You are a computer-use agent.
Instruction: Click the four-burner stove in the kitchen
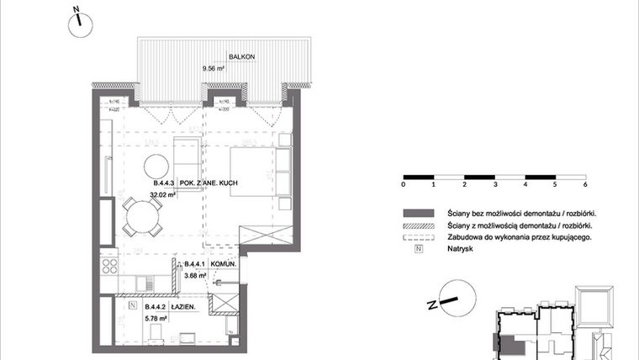[x=110, y=267]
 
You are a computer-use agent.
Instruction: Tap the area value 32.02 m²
[x=161, y=194]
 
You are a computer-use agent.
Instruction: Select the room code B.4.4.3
[x=164, y=183]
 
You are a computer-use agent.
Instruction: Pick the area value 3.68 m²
[x=197, y=274]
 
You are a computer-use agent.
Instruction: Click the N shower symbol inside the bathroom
[x=132, y=305]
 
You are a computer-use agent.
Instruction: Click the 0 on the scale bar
[x=404, y=183]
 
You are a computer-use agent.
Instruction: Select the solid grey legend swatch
[x=418, y=213]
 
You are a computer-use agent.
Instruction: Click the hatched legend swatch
[x=418, y=225]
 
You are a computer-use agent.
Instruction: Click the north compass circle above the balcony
[x=78, y=23]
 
